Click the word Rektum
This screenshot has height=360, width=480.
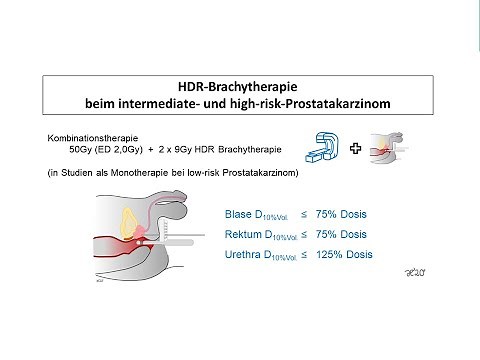[246, 234]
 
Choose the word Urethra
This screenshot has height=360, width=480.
[248, 255]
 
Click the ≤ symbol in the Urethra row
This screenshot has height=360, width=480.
[304, 255]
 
